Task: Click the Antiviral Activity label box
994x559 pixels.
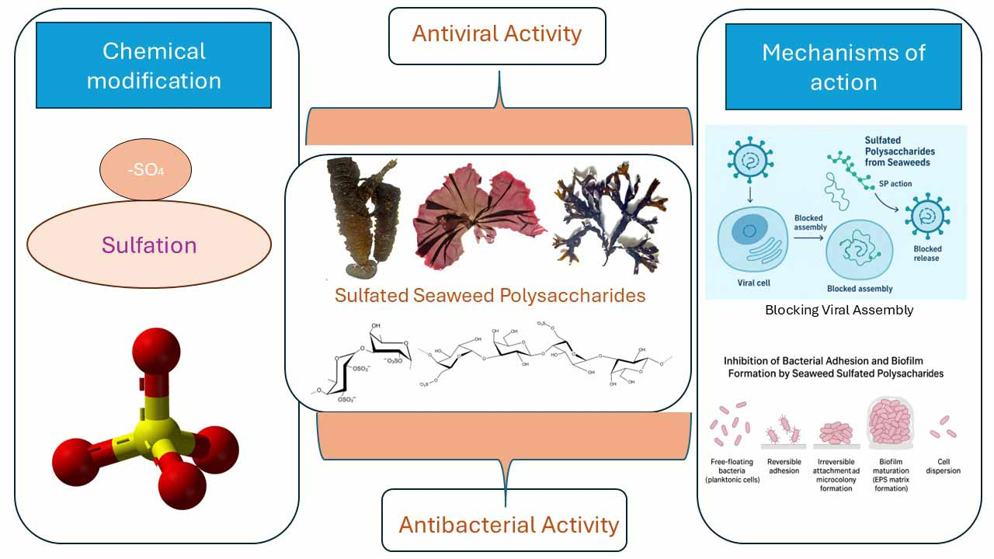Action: click(x=497, y=35)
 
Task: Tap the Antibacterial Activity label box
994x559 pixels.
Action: click(x=509, y=524)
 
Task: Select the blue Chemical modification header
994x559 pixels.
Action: click(x=154, y=65)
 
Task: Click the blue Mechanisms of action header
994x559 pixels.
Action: click(x=843, y=67)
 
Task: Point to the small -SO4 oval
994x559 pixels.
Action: click(x=146, y=170)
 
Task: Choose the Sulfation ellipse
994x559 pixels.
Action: click(x=149, y=245)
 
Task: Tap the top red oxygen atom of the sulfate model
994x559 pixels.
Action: click(x=156, y=350)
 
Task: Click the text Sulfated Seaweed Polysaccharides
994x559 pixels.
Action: click(x=490, y=296)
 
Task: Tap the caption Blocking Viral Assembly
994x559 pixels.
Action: click(x=839, y=310)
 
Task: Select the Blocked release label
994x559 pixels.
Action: click(x=926, y=254)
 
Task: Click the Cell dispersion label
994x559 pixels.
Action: click(x=944, y=466)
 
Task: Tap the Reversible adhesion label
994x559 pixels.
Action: click(x=784, y=466)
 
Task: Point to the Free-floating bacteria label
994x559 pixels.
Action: click(x=733, y=470)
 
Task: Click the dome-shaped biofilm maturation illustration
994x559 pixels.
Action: click(x=888, y=423)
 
